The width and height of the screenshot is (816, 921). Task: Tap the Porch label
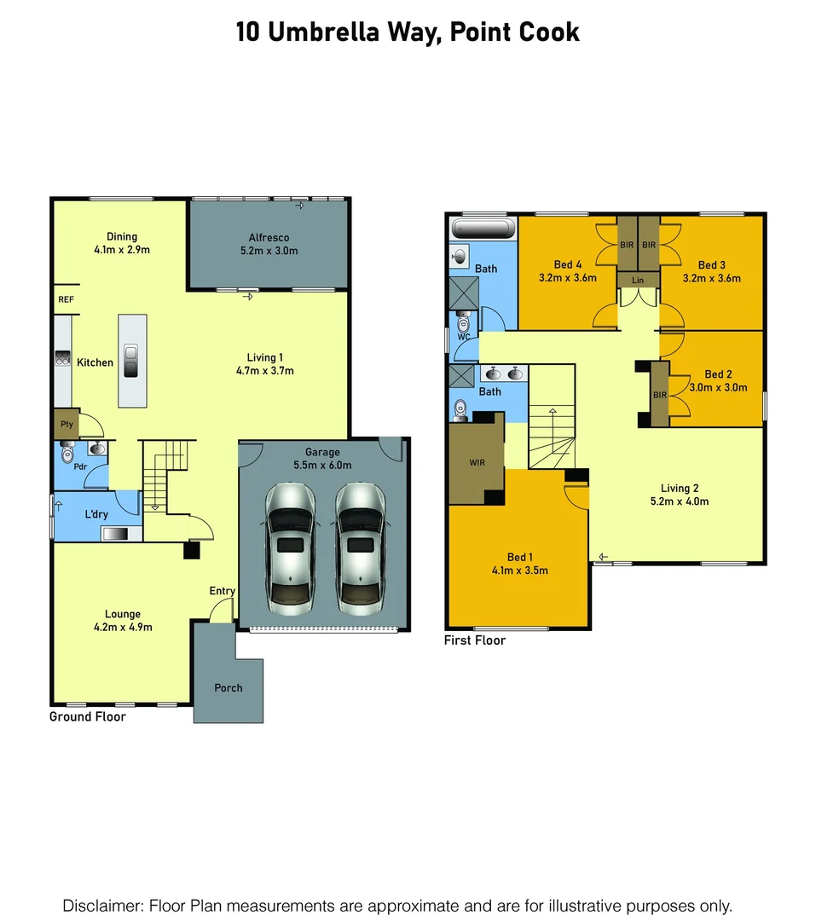229,688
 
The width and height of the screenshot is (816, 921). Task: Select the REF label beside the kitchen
66,300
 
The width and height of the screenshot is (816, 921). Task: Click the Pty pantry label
66,423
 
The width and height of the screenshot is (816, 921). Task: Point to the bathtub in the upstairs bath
483,229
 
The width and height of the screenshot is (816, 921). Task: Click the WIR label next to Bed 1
477,463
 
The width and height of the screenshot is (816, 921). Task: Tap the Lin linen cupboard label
638,280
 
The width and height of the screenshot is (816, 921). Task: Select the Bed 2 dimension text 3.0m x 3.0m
718,387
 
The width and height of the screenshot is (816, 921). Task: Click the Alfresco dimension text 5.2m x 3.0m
269,251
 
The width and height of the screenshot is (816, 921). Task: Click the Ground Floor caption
87,717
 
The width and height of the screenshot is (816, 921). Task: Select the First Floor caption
475,640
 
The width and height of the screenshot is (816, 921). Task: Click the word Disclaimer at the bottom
101,905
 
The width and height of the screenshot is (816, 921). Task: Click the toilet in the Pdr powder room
69,453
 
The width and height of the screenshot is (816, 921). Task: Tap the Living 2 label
680,489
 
